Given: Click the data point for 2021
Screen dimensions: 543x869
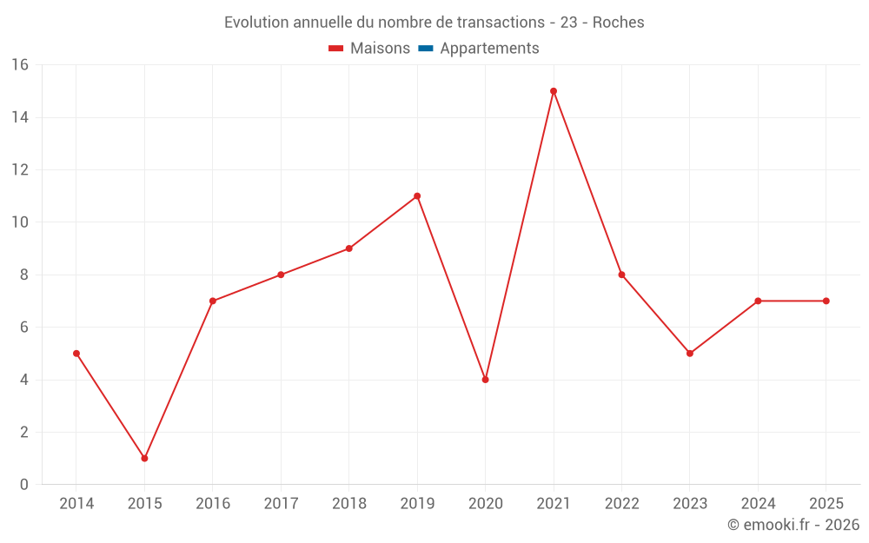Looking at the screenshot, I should point(554,91).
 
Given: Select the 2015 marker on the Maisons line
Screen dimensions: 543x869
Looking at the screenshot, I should point(144,458).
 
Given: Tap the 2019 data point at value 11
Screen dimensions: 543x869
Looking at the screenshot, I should point(417,196).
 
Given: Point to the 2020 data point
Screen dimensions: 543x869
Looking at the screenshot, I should point(485,380).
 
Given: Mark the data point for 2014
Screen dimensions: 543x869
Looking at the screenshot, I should point(76,354).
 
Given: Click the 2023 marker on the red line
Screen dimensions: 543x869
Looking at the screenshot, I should point(690,354).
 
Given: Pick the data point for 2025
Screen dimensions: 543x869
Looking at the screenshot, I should point(826,301).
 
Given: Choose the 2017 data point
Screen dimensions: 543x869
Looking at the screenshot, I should point(281,275).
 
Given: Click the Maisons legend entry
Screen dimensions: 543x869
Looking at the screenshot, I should point(380,49).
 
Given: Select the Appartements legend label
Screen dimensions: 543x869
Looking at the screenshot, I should point(489,49).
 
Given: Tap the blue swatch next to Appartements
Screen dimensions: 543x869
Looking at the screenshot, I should point(425,49).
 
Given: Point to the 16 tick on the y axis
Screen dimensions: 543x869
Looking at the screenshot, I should point(20,64).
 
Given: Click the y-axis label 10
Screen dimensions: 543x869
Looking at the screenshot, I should point(20,222).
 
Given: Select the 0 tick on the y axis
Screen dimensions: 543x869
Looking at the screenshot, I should point(24,485).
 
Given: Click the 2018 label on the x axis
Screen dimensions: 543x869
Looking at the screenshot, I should point(348,504).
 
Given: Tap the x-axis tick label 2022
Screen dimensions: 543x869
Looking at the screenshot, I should point(621,504).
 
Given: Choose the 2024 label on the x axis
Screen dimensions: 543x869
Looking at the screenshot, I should point(758,504).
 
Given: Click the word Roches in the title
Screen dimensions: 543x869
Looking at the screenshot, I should point(618,23).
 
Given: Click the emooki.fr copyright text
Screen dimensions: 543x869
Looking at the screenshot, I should point(793,525).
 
